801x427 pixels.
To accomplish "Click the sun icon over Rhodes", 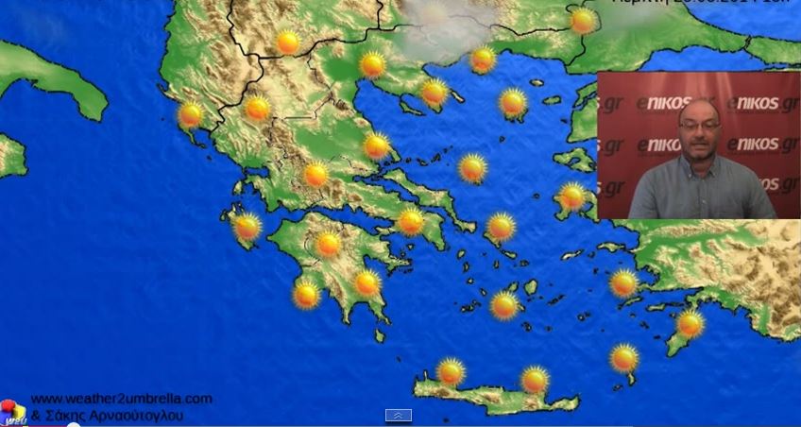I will tap(690, 324).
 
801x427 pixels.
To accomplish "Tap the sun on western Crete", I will tap(452, 371).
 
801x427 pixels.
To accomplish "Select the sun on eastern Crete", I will tap(535, 380).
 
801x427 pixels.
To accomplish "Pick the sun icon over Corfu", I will tap(191, 115).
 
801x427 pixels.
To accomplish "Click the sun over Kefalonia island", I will tap(247, 227).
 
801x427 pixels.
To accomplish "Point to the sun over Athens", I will tap(411, 222).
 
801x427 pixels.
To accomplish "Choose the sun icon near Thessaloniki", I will tap(373, 65).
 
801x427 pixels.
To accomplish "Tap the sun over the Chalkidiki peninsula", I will tap(434, 93).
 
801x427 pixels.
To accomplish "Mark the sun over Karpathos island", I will tap(623, 358).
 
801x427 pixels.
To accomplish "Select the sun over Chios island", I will tap(572, 196).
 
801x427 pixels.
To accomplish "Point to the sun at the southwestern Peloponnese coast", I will tap(306, 294).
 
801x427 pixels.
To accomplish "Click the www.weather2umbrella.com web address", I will tap(121, 399).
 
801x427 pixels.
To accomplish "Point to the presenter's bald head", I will tap(700, 108).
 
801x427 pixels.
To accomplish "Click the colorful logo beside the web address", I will tap(12, 412).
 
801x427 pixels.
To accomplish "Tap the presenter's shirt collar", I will tap(701, 162).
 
